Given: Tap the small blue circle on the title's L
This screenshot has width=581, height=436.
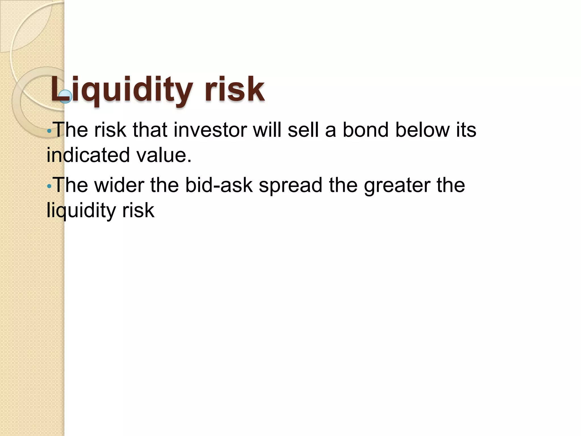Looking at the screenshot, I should click(66, 96).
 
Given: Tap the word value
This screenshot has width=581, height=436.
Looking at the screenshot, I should click(164, 155).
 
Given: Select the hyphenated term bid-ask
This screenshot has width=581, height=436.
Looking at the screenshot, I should click(219, 185).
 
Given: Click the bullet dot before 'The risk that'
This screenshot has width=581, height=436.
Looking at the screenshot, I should click(49, 131).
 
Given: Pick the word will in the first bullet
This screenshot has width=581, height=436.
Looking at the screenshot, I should click(267, 130).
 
